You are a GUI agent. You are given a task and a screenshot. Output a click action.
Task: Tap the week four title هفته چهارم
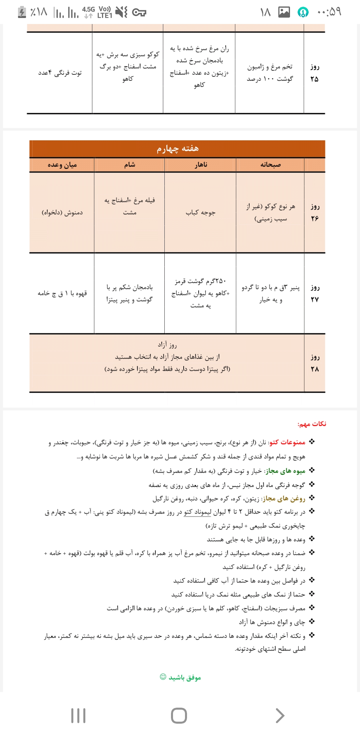click(x=178, y=149)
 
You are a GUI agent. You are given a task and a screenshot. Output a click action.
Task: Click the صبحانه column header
click(x=270, y=165)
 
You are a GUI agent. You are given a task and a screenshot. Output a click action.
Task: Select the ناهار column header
click(x=201, y=165)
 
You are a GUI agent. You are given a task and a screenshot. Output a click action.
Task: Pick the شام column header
click(x=129, y=165)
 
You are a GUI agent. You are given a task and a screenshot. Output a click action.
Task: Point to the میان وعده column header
click(x=62, y=165)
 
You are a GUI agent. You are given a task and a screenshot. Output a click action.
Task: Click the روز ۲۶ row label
click(x=315, y=212)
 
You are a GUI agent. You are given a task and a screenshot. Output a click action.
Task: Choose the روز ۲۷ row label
click(x=315, y=293)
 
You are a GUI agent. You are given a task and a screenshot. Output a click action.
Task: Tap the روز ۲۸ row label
click(x=315, y=363)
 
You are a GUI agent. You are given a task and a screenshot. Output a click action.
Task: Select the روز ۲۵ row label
click(x=314, y=73)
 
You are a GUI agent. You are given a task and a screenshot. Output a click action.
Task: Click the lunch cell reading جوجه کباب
click(x=200, y=213)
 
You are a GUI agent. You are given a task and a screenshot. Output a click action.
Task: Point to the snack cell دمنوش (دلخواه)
click(x=62, y=213)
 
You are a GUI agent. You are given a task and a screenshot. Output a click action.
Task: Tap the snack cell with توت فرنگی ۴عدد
click(x=60, y=73)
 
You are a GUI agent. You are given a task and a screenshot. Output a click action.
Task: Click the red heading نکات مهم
click(x=312, y=424)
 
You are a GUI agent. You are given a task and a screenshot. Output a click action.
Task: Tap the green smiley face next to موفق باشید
click(x=163, y=677)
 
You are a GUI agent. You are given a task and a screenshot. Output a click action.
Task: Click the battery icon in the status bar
click(x=22, y=12)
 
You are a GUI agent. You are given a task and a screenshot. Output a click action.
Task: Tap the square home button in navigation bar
click(x=179, y=716)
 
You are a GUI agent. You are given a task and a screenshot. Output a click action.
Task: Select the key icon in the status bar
click(x=139, y=13)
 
